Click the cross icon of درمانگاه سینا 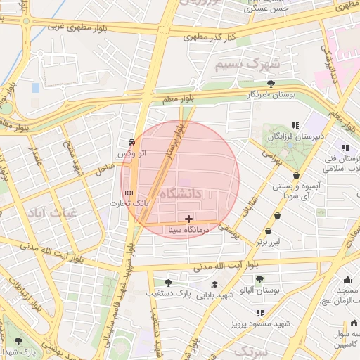(x=188, y=219)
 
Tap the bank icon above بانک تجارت (x=129, y=192)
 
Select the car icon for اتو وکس (x=132, y=141)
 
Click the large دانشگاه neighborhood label (x=181, y=193)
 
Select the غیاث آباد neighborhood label (x=48, y=211)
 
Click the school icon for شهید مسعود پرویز (x=261, y=313)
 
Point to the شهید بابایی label (x=214, y=295)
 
